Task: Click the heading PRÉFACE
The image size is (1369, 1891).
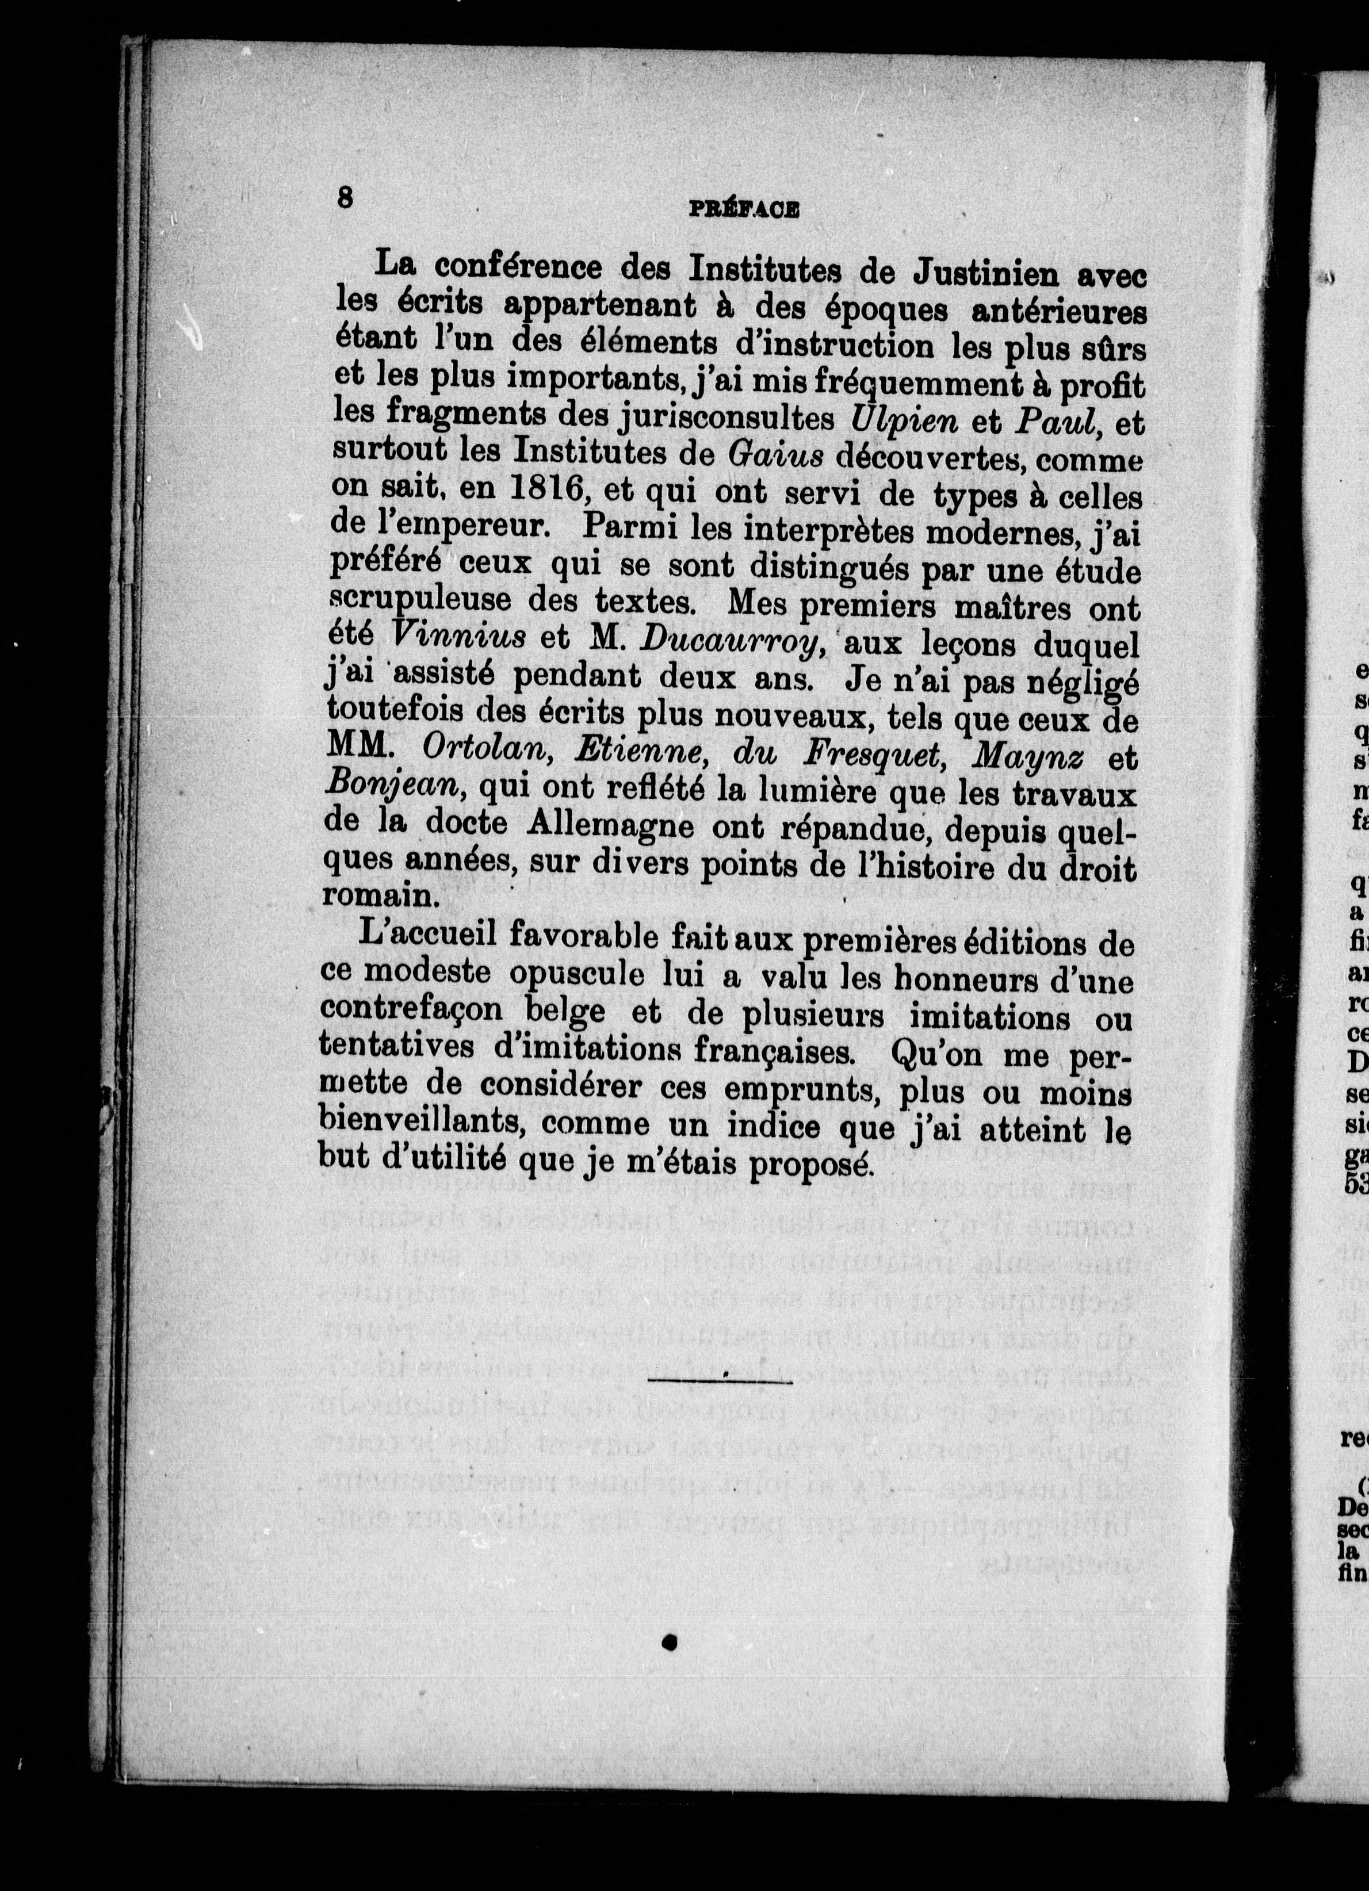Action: pos(744,212)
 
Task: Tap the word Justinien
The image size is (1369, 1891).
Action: pos(979,272)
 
